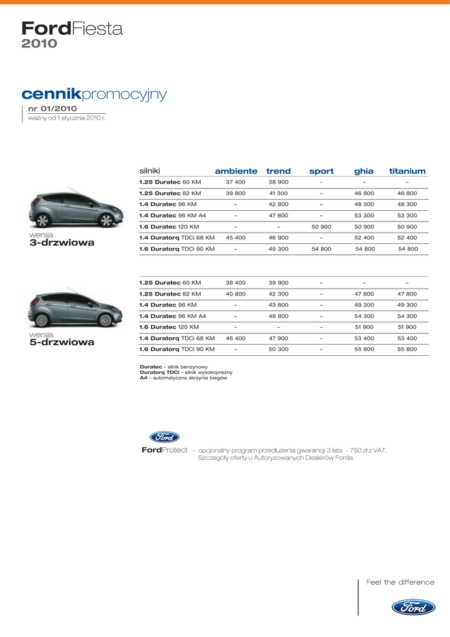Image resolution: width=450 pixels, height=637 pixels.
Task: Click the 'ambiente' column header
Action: click(x=236, y=171)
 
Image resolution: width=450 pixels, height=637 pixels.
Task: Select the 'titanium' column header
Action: click(x=407, y=171)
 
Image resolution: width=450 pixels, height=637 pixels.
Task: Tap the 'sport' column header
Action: click(x=321, y=171)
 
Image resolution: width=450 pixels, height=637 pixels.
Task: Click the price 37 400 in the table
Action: click(x=236, y=182)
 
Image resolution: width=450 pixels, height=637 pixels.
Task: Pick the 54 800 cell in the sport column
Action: click(x=321, y=249)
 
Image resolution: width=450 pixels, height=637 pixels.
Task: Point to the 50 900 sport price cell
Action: click(x=321, y=227)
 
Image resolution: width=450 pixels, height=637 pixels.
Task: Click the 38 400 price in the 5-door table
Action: click(x=236, y=283)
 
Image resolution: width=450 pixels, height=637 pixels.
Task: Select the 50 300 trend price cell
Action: click(x=278, y=350)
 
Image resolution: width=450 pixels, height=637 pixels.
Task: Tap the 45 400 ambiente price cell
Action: click(x=236, y=238)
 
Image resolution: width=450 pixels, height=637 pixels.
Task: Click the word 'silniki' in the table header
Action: click(x=150, y=170)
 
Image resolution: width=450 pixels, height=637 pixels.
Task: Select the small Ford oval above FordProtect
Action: click(x=165, y=437)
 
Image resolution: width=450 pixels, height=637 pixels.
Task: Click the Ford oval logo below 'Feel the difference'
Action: click(x=413, y=608)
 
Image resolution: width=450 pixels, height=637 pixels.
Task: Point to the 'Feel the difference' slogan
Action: click(x=400, y=582)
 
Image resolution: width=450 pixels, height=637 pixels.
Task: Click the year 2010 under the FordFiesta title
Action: click(x=39, y=44)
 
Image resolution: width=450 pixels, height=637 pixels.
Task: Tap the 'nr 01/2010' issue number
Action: click(x=53, y=109)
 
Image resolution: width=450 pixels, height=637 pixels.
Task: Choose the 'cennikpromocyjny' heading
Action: click(x=94, y=94)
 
